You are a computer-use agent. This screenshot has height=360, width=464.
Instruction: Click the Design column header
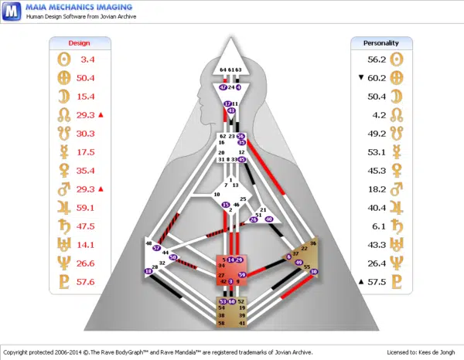[80, 43]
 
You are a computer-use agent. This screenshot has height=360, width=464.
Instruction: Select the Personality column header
[384, 43]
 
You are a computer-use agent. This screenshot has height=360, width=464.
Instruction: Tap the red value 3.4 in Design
[87, 59]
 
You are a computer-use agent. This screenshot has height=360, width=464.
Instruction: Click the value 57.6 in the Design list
[85, 283]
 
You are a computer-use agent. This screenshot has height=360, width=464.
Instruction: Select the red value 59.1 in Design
[85, 208]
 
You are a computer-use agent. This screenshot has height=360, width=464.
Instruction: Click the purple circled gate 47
[223, 87]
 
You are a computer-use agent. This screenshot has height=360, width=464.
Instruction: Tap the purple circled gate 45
[241, 160]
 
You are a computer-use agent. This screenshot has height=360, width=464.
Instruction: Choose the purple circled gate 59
[242, 274]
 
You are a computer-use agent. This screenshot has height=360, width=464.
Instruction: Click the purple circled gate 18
[148, 271]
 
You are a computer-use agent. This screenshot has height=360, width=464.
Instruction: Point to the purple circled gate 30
[313, 272]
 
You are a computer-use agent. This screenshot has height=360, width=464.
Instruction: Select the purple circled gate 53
[223, 301]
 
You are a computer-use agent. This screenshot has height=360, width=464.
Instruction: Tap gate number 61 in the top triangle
[230, 70]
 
